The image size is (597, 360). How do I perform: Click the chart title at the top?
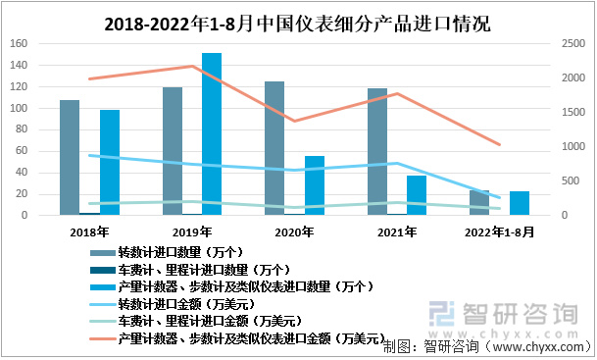298,21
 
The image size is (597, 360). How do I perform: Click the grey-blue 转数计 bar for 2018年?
70,157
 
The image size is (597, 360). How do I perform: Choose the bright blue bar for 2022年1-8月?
520,203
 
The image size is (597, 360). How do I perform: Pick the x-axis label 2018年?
89,232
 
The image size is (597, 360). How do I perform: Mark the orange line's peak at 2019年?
192,67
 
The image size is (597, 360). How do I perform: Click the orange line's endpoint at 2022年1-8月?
500,145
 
